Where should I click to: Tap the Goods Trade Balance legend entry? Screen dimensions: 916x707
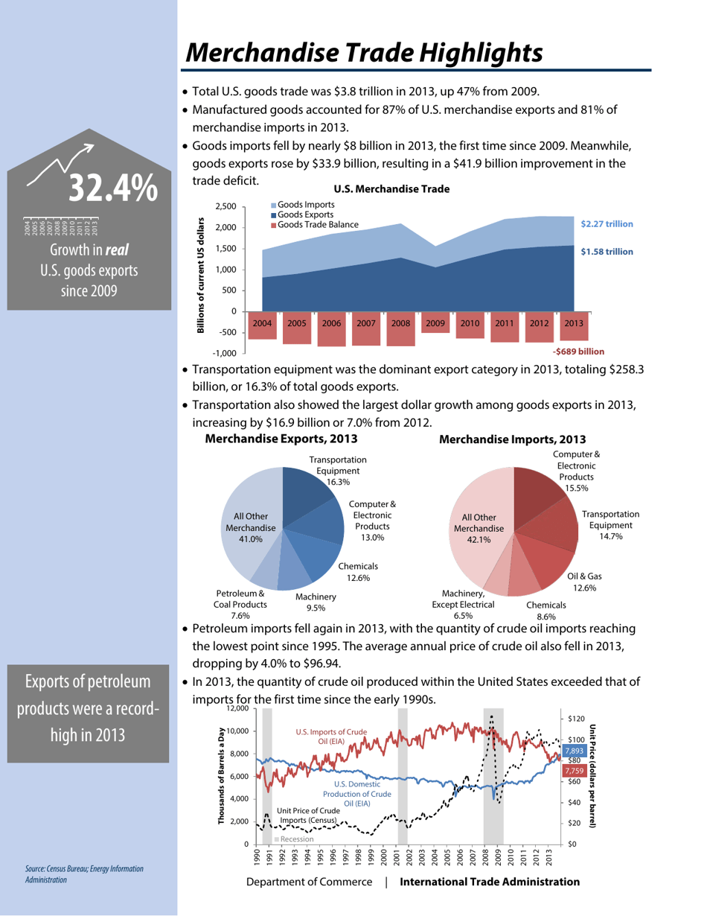tap(316, 224)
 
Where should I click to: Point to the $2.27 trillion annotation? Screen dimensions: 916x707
tap(607, 223)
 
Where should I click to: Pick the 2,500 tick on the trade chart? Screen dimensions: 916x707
tap(225, 206)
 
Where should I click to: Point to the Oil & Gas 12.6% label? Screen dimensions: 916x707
tap(584, 582)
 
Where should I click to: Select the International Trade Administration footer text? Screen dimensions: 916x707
tap(490, 882)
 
